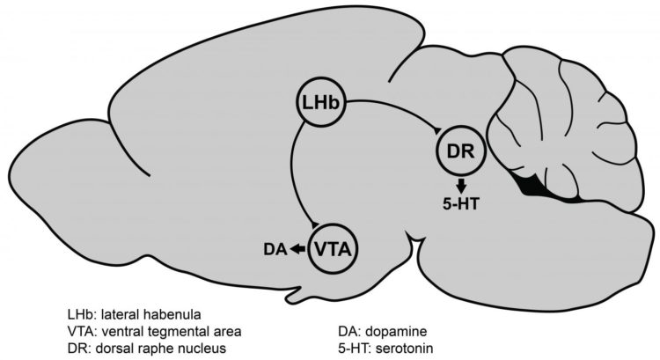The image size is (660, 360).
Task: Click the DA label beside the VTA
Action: point(274,250)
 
